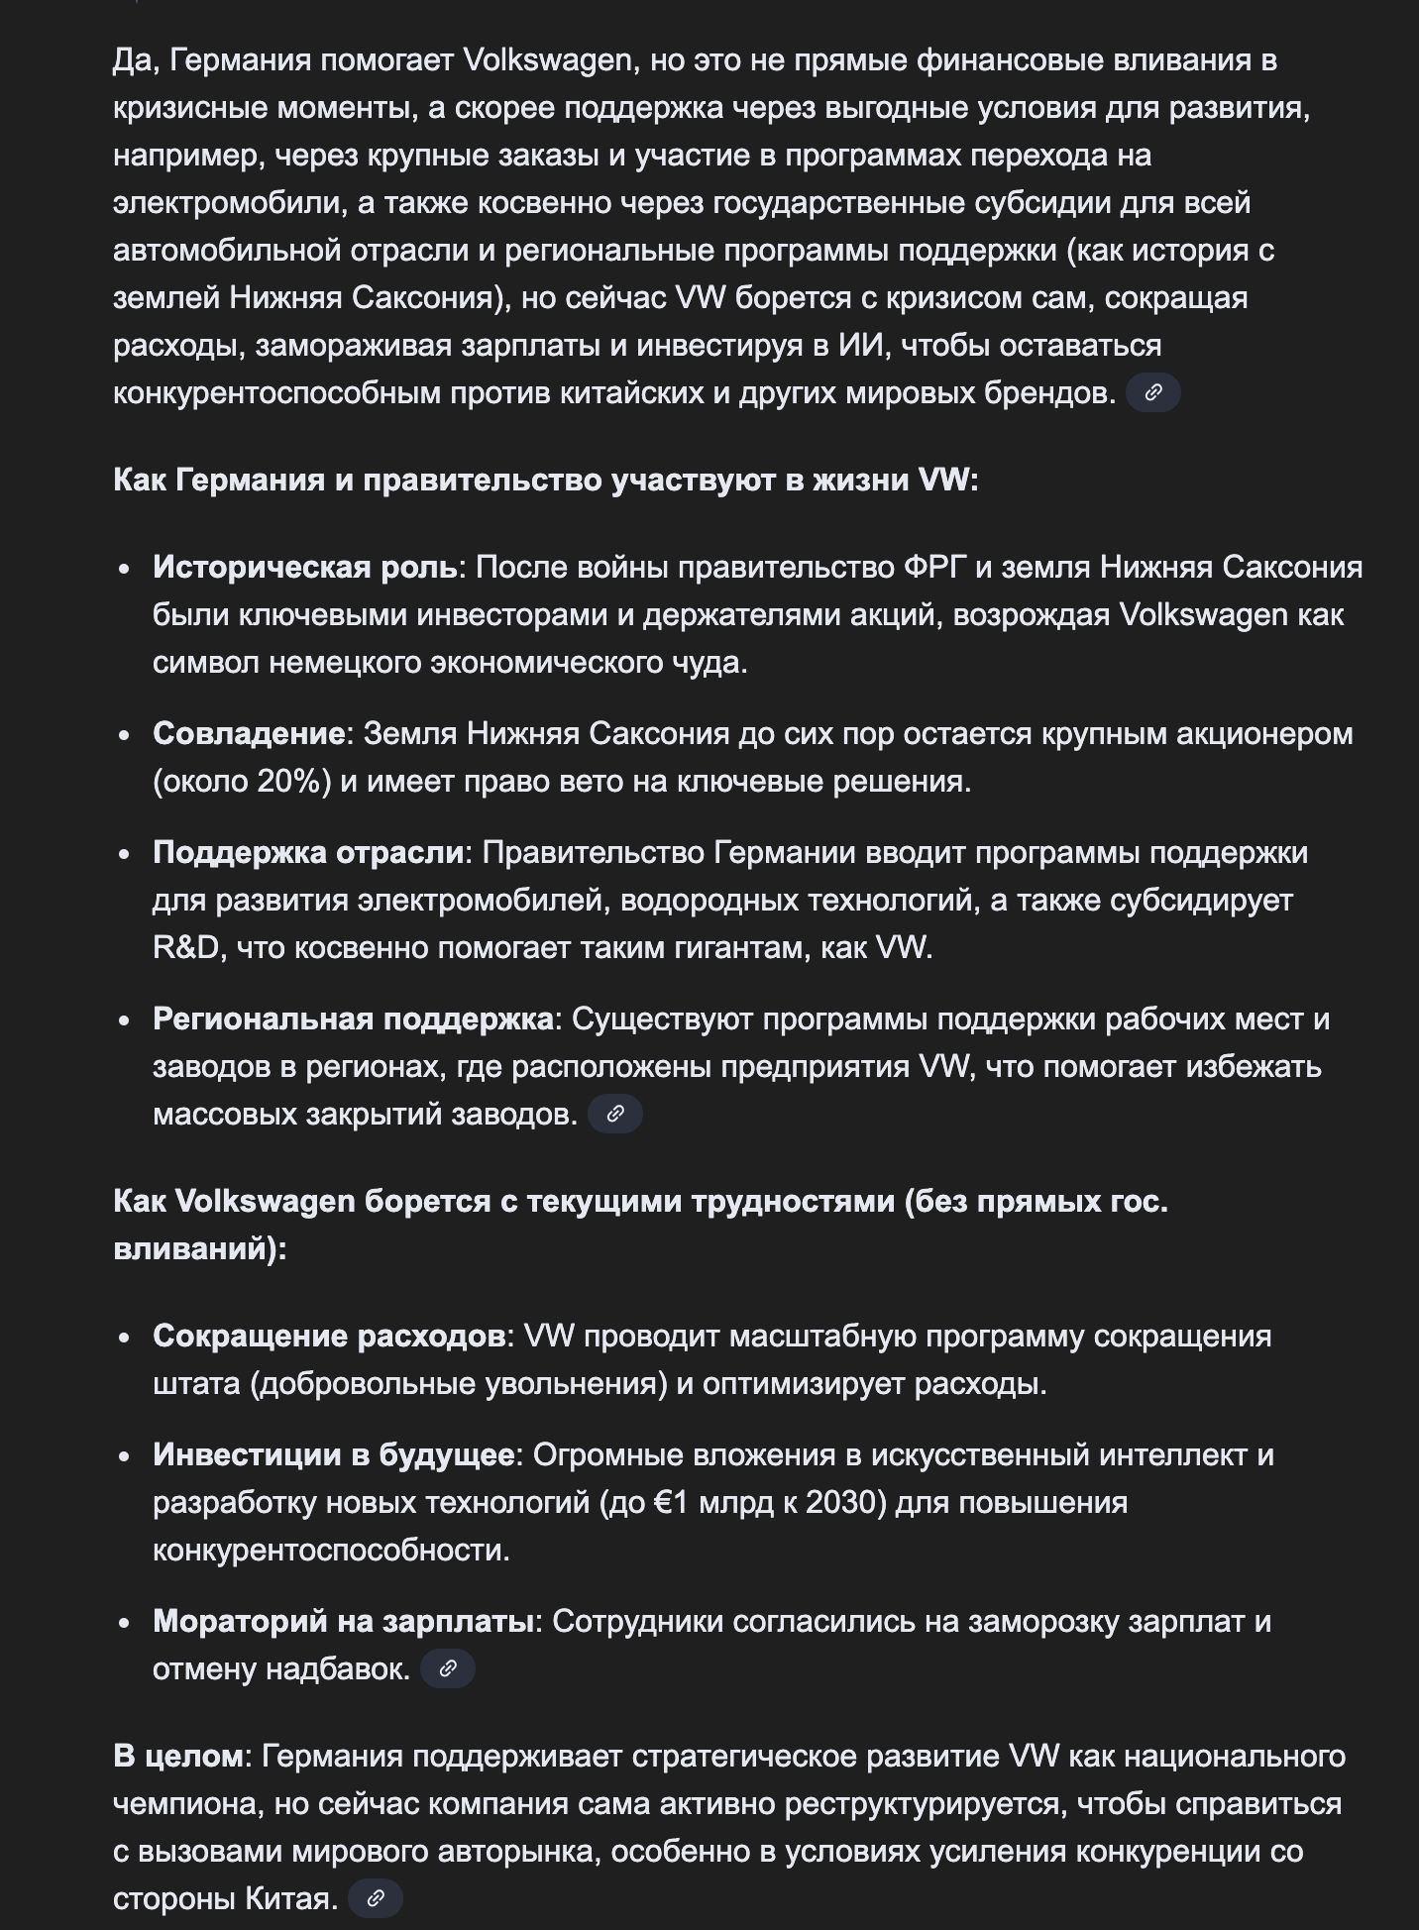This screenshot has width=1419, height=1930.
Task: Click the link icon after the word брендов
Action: coord(1152,392)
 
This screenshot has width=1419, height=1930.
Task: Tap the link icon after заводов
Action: coord(614,1114)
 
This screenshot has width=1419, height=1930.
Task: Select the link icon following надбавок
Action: coord(447,1668)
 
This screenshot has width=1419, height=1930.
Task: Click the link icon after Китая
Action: coord(376,1898)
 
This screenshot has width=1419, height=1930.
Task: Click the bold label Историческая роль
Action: coord(304,567)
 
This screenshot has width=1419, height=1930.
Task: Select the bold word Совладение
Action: coord(248,733)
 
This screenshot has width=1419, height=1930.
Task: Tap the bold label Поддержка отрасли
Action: coord(308,852)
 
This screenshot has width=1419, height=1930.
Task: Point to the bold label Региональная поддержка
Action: coord(353,1019)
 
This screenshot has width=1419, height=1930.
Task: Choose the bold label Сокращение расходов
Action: coord(329,1336)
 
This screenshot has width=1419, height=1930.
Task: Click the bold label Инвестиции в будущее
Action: coord(333,1454)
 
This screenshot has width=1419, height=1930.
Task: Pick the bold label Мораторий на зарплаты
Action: coord(343,1621)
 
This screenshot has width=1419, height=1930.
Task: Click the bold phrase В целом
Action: coord(177,1756)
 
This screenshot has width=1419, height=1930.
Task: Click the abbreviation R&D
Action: coord(185,947)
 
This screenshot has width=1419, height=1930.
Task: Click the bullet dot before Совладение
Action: coord(124,735)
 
